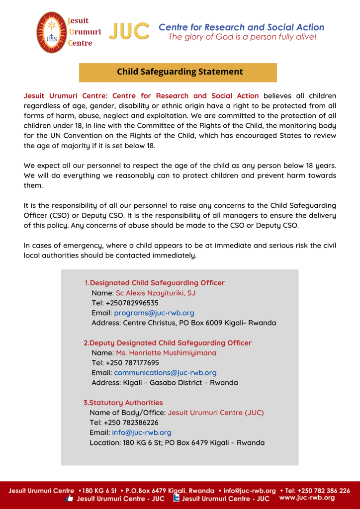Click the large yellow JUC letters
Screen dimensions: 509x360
click(x=129, y=32)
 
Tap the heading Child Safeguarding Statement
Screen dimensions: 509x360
click(x=180, y=72)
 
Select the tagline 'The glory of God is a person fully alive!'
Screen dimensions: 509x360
click(x=242, y=37)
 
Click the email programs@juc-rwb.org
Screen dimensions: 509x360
click(x=154, y=313)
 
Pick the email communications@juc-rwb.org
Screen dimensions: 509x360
click(x=165, y=373)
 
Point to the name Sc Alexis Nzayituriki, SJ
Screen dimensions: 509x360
click(x=156, y=293)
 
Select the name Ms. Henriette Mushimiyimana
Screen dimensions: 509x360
click(x=166, y=353)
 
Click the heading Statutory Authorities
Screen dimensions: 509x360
click(x=123, y=403)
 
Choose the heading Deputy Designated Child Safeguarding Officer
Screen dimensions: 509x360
click(x=168, y=343)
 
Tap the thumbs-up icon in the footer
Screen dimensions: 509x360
click(x=70, y=499)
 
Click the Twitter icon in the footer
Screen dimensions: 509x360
click(x=176, y=499)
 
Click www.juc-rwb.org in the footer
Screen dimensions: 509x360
click(x=307, y=498)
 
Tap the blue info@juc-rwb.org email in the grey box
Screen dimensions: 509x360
click(x=141, y=432)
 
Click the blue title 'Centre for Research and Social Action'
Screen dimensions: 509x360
click(x=241, y=27)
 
